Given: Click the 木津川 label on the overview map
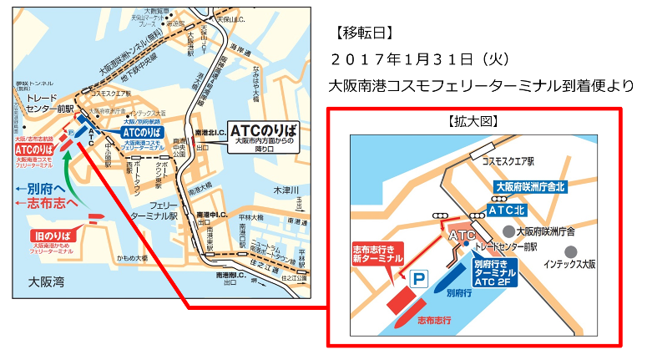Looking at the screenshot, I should pyautogui.click(x=286, y=190).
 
